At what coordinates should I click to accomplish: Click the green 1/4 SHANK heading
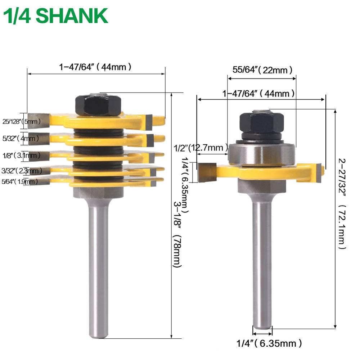55,16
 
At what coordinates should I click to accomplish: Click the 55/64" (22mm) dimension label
262,70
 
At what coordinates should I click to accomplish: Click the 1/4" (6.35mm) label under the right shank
270,343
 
